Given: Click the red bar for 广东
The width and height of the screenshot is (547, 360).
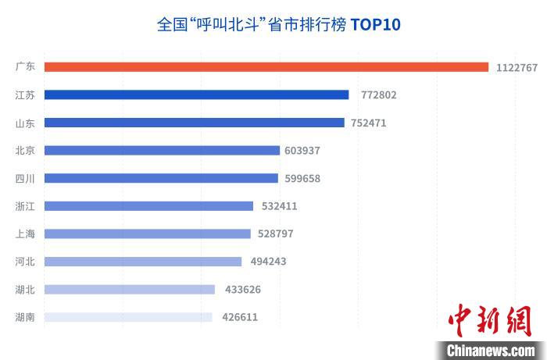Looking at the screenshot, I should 266,67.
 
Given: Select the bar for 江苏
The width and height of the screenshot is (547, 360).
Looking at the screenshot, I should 196,95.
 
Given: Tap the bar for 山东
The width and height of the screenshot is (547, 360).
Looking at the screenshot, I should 194,123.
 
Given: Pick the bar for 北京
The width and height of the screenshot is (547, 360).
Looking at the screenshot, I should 162,151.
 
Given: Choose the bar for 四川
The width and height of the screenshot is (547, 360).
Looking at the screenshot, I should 161,178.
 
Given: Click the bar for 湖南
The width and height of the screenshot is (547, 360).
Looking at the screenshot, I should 128,317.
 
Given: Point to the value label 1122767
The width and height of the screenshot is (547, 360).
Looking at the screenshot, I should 517,68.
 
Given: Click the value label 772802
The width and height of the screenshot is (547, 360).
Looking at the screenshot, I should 379,95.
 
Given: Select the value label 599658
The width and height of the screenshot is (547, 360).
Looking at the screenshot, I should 302,178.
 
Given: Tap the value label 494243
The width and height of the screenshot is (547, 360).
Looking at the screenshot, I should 268,262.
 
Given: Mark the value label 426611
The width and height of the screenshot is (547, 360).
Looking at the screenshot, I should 240,317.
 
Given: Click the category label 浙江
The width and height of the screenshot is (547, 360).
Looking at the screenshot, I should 25,206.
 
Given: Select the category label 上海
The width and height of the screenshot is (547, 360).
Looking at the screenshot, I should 25,233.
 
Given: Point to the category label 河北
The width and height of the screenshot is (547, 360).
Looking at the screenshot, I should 25,262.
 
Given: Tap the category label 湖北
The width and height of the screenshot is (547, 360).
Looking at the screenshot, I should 25,290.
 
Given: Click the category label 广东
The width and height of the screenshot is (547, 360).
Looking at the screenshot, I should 25,67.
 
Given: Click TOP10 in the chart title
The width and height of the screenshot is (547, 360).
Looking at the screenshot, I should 375,25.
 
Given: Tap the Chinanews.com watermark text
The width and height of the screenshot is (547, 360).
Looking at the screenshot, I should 490,349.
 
